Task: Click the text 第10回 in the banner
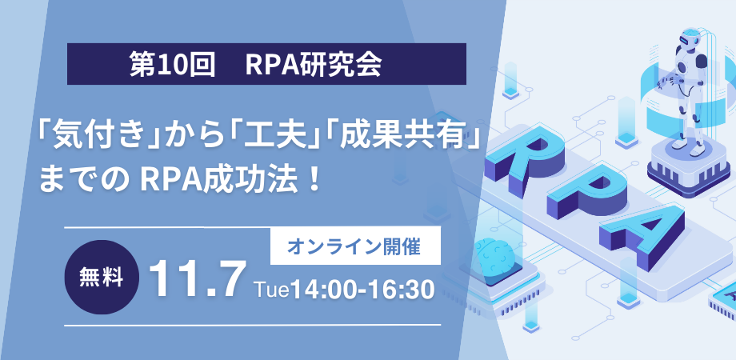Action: (x=172, y=65)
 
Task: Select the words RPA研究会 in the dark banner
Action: (x=313, y=65)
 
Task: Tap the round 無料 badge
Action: (x=102, y=278)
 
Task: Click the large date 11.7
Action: (x=198, y=279)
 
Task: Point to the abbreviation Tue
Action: (x=270, y=290)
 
